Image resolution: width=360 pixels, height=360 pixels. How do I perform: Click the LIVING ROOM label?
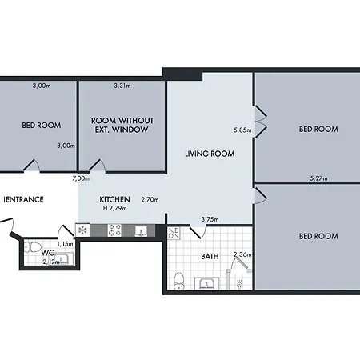click(x=210, y=154)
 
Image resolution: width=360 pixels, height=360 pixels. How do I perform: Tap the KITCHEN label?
click(x=114, y=199)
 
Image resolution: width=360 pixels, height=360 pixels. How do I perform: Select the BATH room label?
click(x=210, y=257)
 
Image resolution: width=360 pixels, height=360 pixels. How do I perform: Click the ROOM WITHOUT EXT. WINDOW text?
click(x=122, y=125)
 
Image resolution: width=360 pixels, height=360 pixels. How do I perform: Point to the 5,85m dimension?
click(x=242, y=130)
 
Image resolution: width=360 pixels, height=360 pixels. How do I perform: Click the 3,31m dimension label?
click(x=122, y=86)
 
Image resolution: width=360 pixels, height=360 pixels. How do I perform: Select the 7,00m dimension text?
click(x=81, y=178)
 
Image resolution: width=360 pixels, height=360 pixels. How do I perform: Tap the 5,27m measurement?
click(x=318, y=178)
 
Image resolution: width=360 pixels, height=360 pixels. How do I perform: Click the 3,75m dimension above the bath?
click(x=210, y=219)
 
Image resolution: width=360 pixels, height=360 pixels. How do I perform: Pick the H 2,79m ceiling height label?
click(x=115, y=208)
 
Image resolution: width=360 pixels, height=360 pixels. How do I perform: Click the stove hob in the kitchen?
click(x=114, y=230)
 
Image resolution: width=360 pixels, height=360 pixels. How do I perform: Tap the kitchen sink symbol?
click(x=141, y=231)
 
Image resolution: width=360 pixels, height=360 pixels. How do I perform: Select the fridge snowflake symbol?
click(x=82, y=230)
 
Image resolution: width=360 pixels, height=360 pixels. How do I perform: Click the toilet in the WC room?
click(x=31, y=247)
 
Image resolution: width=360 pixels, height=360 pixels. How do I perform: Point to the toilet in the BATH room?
click(x=178, y=282)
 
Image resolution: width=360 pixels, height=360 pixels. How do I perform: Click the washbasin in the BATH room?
click(x=207, y=283)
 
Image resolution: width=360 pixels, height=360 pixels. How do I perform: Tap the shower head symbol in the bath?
click(x=240, y=284)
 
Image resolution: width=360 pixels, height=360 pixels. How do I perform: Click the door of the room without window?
click(x=98, y=166)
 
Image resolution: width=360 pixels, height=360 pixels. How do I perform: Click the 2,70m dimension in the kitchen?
click(x=150, y=199)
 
